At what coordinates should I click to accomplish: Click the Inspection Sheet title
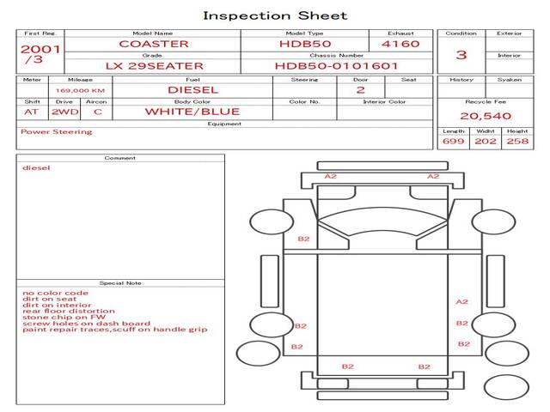[275, 15]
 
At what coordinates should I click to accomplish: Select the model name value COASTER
[154, 44]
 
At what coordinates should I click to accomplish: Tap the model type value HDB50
[304, 44]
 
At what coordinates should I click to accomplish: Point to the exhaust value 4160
[400, 44]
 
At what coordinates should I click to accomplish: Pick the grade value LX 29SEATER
[154, 66]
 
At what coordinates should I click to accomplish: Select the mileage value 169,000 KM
[80, 90]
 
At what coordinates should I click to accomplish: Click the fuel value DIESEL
[192, 89]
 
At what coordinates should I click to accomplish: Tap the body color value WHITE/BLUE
[192, 112]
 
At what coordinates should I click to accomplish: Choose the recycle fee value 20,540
[486, 116]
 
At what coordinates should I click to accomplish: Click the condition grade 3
[461, 55]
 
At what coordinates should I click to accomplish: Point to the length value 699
[453, 141]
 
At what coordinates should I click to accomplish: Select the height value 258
[517, 141]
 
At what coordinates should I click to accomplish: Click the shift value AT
[31, 112]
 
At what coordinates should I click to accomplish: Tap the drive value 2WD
[62, 112]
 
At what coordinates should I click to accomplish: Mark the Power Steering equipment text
[56, 132]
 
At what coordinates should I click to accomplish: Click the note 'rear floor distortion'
[68, 311]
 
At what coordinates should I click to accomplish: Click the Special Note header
[119, 282]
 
